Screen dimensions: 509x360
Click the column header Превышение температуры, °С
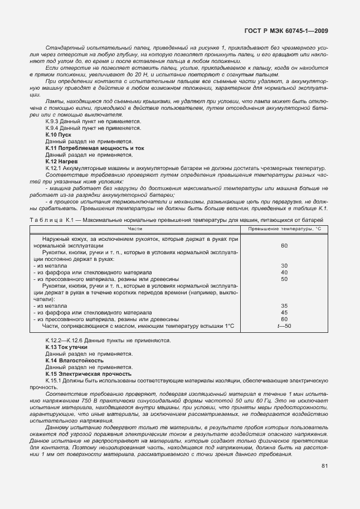pos(285,228)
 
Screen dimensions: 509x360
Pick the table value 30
pos(284,265)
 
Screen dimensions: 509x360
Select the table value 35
pos(284,306)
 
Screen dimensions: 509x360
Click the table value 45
pos(284,312)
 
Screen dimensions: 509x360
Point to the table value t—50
pos(284,326)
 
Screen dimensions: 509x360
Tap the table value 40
pos(284,272)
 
